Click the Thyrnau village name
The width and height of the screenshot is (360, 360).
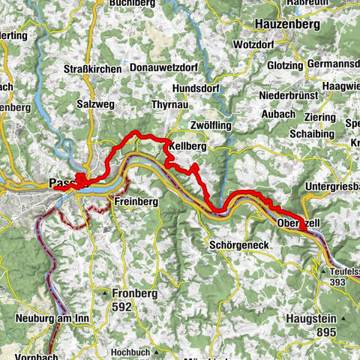click(169, 104)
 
